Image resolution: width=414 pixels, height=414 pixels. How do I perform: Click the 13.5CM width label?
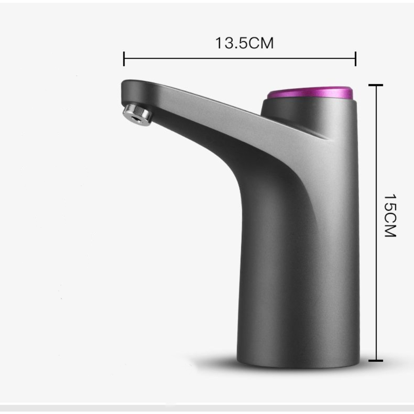[x=245, y=43]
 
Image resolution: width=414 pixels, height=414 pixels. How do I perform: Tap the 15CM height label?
[x=390, y=215]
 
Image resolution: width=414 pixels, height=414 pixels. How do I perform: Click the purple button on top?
[x=310, y=93]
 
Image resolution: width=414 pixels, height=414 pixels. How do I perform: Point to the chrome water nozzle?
[x=137, y=114]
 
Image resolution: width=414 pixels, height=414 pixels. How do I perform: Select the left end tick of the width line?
[x=124, y=59]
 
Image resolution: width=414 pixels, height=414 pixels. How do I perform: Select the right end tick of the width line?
[x=356, y=59]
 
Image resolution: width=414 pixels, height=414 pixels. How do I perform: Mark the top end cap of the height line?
[x=376, y=85]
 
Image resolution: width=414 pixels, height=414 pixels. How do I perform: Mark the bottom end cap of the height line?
[x=376, y=360]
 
